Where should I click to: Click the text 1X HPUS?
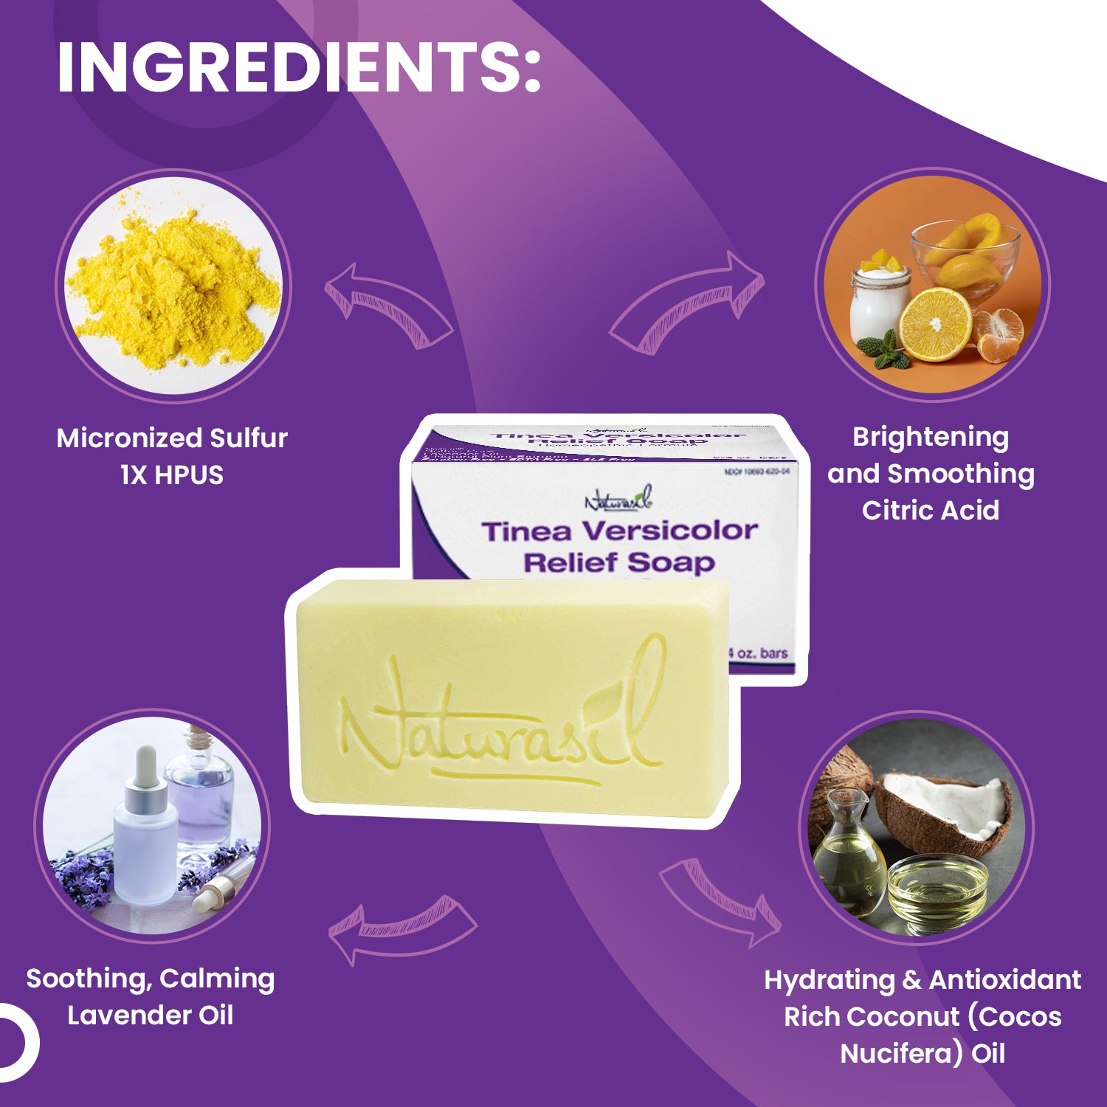click(x=172, y=475)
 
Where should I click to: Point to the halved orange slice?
click(x=935, y=325)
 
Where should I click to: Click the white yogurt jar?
click(x=880, y=304)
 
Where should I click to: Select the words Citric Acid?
click(x=931, y=511)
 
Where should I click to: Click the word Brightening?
click(x=931, y=437)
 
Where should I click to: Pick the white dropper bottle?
click(x=145, y=834)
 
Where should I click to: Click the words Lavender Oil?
click(x=151, y=1015)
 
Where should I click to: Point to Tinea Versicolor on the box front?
click(x=619, y=531)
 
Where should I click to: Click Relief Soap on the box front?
click(x=619, y=563)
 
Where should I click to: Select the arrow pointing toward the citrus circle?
click(x=686, y=303)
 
